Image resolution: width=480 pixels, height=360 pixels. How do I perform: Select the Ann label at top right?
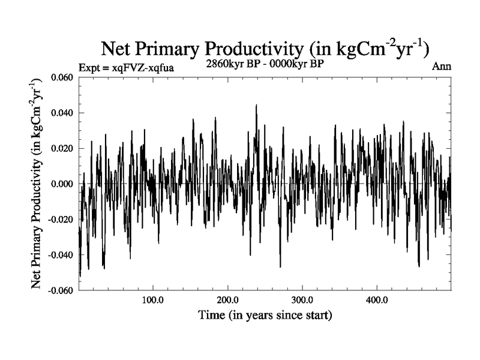(441, 67)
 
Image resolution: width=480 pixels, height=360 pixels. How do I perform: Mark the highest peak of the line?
(256, 105)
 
